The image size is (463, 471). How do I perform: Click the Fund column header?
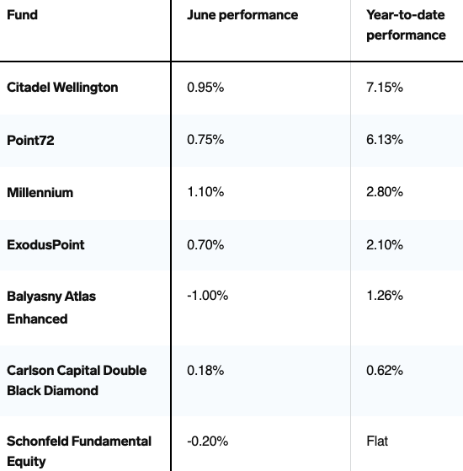22,14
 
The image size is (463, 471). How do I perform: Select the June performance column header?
242,15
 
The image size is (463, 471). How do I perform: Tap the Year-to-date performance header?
406,25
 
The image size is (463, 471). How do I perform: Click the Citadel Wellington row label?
62,88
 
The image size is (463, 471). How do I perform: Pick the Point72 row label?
30,140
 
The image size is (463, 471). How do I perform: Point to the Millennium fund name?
40,192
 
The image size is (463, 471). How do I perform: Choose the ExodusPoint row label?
45,245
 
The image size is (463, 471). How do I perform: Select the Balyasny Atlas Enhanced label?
51,308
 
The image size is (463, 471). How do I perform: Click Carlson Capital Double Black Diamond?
77,380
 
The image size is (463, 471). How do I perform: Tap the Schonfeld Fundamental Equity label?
79,451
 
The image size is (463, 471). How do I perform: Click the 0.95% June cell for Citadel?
205,88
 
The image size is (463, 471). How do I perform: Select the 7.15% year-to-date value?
385,88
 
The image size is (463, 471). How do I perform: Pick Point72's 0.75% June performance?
205,140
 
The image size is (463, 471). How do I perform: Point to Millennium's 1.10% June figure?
205,192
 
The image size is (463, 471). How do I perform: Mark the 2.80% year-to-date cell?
385,192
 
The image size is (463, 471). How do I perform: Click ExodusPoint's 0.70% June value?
205,245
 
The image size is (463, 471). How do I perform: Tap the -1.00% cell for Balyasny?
208,296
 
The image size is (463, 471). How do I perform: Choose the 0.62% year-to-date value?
385,371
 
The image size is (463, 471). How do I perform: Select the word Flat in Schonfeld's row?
377,442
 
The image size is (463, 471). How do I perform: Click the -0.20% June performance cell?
208,442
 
